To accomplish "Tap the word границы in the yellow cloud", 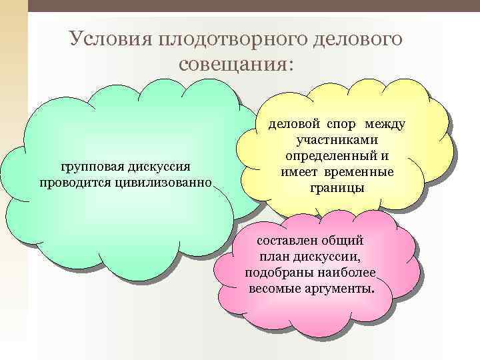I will (337, 188).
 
